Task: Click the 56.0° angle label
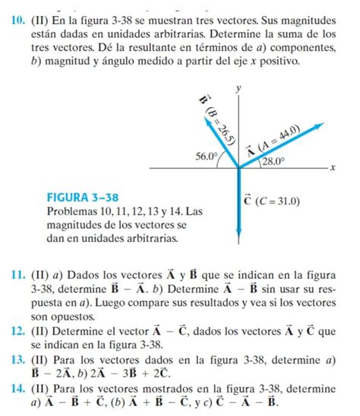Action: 206,156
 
